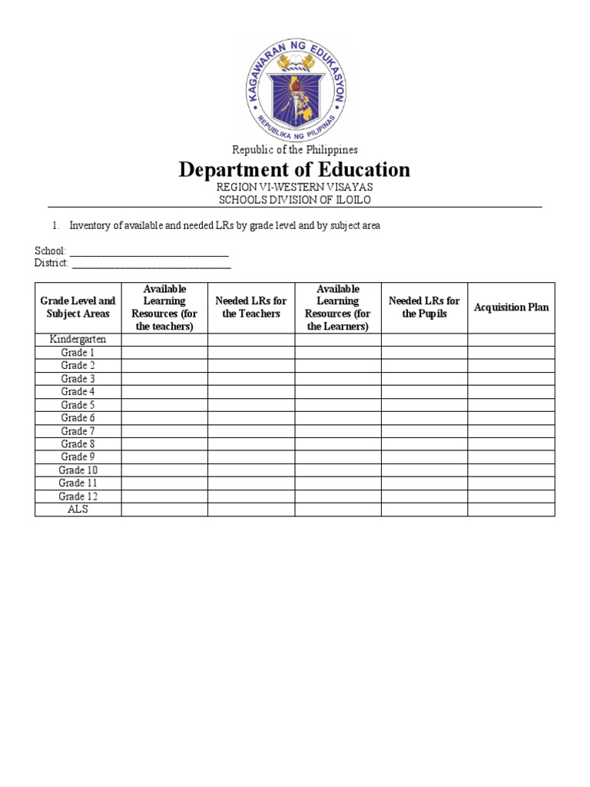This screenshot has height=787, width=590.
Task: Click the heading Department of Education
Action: (294, 170)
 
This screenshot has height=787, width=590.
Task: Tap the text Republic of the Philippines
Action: (295, 150)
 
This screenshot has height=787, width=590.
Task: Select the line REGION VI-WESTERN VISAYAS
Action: (295, 188)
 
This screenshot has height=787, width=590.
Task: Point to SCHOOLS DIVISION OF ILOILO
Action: (295, 200)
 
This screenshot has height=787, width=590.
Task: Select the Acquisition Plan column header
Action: (511, 307)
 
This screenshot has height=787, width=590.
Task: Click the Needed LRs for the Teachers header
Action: (251, 307)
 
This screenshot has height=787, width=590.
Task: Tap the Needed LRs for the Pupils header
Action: (424, 307)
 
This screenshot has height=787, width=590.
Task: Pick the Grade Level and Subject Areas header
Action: (78, 307)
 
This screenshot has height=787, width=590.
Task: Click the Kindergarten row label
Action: (78, 340)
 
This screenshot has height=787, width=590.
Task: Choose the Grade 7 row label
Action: (78, 431)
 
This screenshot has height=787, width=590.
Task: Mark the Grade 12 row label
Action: (78, 496)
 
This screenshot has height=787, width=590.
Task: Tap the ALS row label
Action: (78, 509)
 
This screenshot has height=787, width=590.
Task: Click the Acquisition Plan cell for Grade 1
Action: (511, 353)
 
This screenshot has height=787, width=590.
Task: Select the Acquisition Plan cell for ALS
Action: (511, 510)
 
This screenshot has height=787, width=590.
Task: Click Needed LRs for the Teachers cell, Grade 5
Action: (251, 405)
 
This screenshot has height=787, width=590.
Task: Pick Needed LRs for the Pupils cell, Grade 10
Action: (424, 470)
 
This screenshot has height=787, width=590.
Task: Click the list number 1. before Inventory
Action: (55, 226)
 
